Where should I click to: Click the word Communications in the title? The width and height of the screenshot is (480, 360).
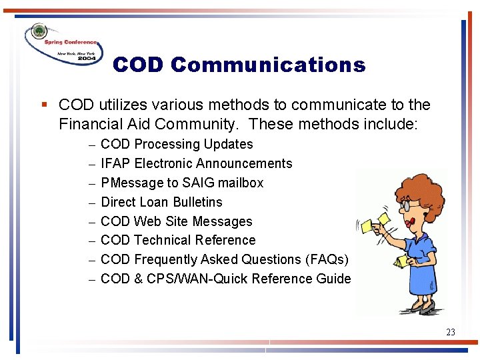tap(268, 65)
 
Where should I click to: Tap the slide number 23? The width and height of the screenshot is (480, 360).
tap(451, 331)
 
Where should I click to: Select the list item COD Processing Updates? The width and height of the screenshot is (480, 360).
tap(177, 144)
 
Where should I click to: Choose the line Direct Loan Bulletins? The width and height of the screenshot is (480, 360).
tap(161, 202)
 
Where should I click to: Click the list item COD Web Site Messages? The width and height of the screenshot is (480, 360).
tap(176, 221)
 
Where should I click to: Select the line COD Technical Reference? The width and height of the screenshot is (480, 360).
tap(178, 240)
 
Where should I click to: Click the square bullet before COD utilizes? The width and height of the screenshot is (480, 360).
tap(43, 105)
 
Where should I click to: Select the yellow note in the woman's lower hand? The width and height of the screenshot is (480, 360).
tap(401, 262)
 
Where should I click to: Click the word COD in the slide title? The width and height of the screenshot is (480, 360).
tap(138, 65)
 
